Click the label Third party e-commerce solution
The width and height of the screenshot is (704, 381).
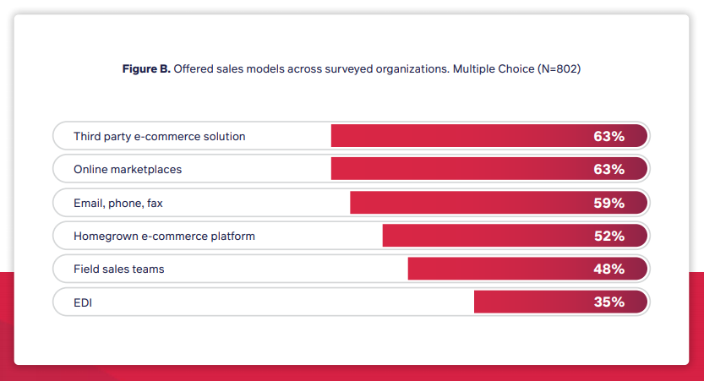pos(159,136)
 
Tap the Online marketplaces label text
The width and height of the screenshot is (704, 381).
pos(128,169)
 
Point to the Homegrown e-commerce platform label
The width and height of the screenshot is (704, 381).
pos(164,236)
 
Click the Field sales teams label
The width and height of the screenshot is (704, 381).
pos(118,269)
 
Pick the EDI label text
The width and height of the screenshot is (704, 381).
pos(83,302)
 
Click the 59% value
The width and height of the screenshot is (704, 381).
pos(608,203)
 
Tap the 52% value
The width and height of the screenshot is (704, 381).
pos(608,236)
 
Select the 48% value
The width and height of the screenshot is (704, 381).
pos(608,269)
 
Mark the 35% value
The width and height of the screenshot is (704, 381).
pos(608,302)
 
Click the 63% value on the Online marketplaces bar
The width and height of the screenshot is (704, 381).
pos(608,169)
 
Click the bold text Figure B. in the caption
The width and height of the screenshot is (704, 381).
pos(146,69)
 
